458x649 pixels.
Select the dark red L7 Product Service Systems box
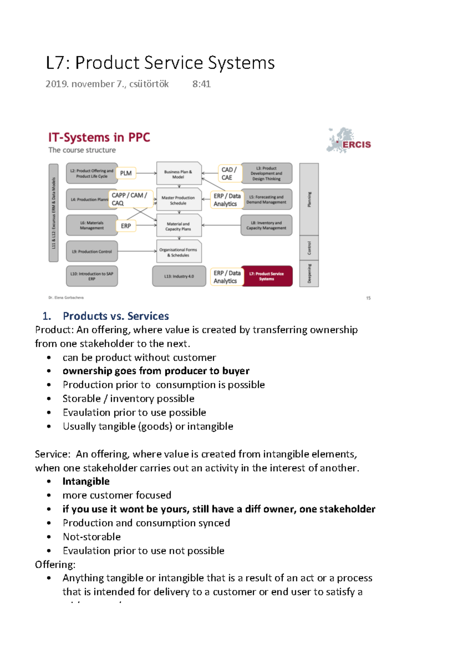(267, 276)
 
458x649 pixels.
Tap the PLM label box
(126, 173)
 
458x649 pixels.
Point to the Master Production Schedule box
(178, 200)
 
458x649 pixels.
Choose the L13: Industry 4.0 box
(179, 276)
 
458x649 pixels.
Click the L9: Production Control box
(92, 251)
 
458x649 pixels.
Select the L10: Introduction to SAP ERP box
(92, 276)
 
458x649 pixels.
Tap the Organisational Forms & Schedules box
(179, 252)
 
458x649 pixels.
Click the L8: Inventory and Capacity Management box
(266, 226)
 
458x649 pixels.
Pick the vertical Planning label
(309, 199)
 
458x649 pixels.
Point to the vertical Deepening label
(309, 274)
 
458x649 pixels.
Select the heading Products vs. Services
(116, 316)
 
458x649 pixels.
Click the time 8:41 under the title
(202, 84)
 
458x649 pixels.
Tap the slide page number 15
(368, 298)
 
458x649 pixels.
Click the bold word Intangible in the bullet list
(86, 481)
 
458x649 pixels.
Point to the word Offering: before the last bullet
(55, 565)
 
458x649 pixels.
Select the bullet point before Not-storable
(49, 537)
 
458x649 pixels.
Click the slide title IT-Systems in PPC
(99, 137)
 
